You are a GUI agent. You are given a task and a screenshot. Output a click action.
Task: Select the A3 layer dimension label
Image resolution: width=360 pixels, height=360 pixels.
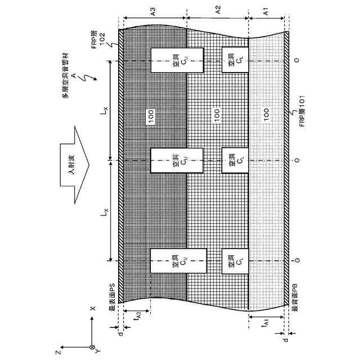pos(153,10)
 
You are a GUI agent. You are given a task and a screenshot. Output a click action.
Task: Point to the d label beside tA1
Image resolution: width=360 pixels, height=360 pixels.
pos(286,341)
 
